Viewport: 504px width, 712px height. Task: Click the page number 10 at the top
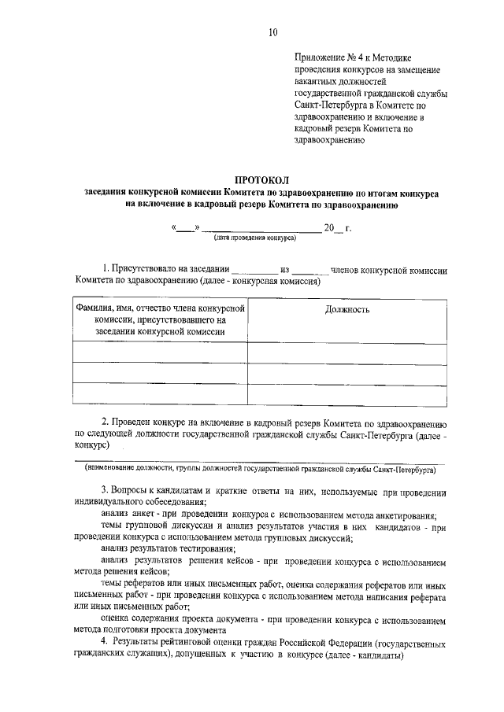[272, 32]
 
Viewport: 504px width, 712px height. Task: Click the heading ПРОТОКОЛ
[262, 180]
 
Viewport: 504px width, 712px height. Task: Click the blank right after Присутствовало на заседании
[255, 270]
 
